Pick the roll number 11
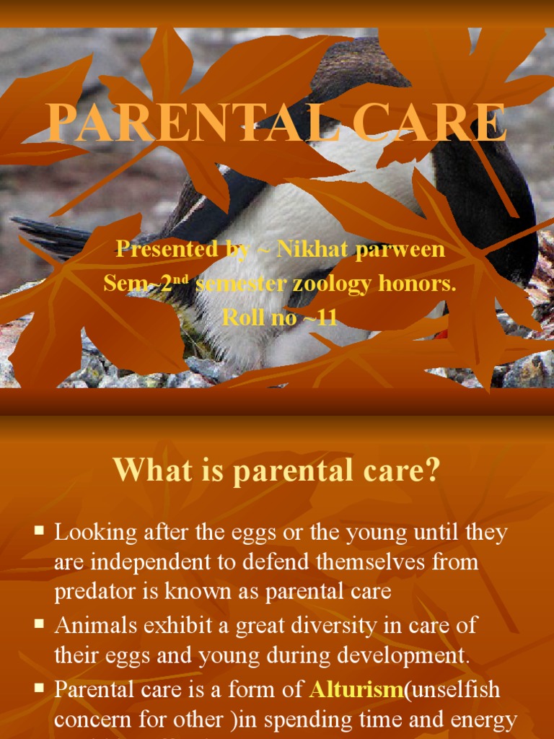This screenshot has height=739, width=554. pyautogui.click(x=326, y=317)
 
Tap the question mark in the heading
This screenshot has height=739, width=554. pyautogui.click(x=433, y=471)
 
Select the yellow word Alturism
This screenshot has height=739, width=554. pyautogui.click(x=355, y=690)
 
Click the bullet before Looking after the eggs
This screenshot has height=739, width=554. pyautogui.click(x=40, y=531)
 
